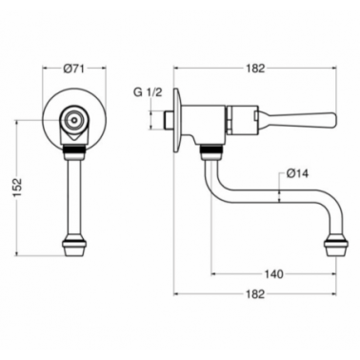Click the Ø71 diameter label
point(73,69)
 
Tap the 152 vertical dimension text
point(17,188)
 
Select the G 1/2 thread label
point(148,92)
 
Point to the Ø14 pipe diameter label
point(297,174)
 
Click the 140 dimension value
point(273,273)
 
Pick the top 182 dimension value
point(255,69)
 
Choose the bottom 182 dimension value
point(255,294)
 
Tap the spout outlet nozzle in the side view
point(335,247)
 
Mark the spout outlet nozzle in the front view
point(74,247)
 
